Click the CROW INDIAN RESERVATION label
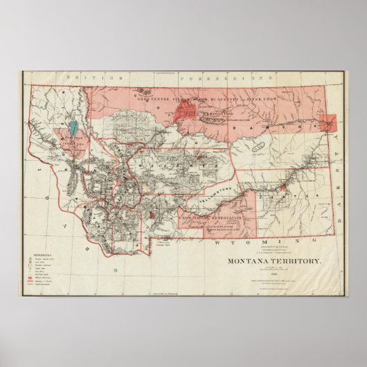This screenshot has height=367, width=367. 211,218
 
